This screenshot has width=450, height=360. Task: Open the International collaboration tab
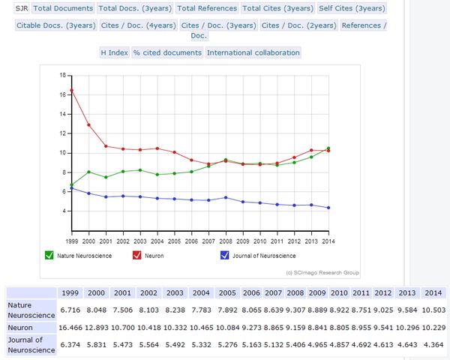(x=253, y=52)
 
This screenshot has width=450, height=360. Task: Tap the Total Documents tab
(x=63, y=8)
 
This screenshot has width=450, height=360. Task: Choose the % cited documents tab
(x=167, y=52)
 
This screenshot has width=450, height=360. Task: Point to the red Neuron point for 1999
(x=71, y=90)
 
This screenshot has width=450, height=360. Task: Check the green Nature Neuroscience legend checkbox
(x=49, y=255)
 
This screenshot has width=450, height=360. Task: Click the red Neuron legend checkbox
(x=137, y=255)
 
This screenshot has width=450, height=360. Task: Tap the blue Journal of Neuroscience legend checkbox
(x=223, y=255)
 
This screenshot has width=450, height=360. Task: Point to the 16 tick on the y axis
(x=62, y=95)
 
